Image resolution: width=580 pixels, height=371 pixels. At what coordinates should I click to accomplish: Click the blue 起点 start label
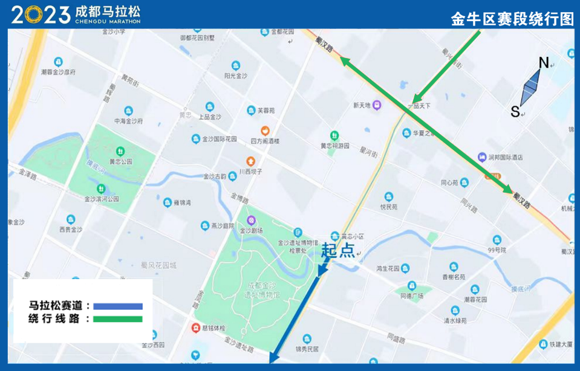pyautogui.click(x=338, y=250)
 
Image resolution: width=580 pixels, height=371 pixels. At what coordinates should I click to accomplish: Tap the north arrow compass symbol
pyautogui.click(x=530, y=87)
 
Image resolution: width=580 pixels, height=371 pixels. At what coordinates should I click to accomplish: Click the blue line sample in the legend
pyautogui.click(x=118, y=306)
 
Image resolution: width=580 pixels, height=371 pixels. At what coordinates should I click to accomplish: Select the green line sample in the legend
pyautogui.click(x=118, y=319)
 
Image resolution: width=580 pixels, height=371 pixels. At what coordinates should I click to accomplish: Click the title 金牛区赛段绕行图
pyautogui.click(x=512, y=19)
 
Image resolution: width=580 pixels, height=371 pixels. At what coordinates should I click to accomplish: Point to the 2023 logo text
pyautogui.click(x=41, y=15)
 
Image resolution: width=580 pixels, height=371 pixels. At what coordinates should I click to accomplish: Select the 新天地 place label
pyautogui.click(x=362, y=105)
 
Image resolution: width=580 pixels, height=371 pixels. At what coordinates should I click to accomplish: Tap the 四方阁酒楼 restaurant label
pyautogui.click(x=265, y=141)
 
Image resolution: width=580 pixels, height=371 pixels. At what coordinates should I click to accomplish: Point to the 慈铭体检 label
pyautogui.click(x=213, y=328)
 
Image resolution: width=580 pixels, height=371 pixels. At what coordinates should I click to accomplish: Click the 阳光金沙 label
pyautogui.click(x=235, y=76)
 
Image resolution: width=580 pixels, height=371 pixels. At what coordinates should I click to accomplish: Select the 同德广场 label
pyautogui.click(x=412, y=296)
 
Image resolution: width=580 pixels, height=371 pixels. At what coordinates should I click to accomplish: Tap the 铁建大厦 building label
pyautogui.click(x=561, y=344)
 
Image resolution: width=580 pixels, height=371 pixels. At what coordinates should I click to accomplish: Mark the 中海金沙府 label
pyautogui.click(x=128, y=121)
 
